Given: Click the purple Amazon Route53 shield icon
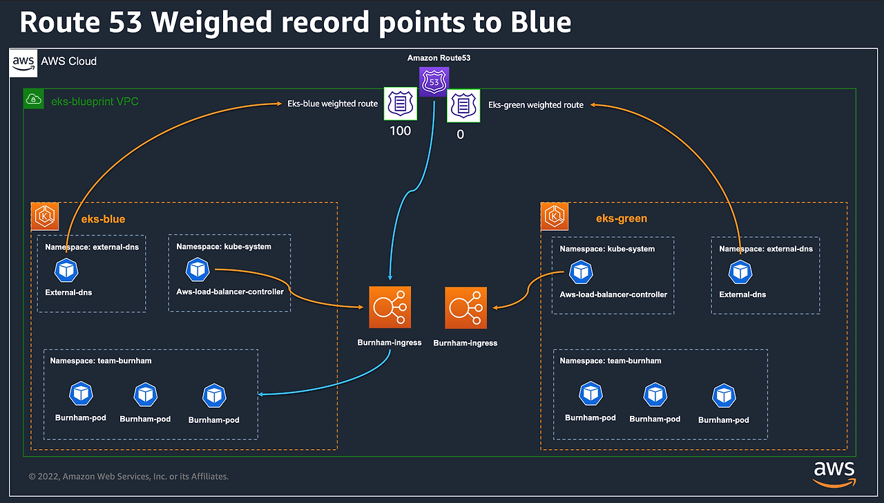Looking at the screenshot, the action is (x=434, y=82).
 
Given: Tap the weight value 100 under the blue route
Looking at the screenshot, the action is (x=400, y=131).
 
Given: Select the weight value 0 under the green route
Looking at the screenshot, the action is (x=460, y=135).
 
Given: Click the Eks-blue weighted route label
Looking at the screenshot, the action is (x=332, y=104).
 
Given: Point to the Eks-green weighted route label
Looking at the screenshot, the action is (x=535, y=105).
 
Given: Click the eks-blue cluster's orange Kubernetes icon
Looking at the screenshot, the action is (x=45, y=216).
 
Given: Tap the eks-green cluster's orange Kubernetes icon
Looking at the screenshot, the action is (x=555, y=216).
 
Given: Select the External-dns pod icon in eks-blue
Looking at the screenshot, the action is (x=66, y=270).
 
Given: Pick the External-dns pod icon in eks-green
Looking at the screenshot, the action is (x=740, y=272).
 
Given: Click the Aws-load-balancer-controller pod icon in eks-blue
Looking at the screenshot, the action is (x=198, y=269).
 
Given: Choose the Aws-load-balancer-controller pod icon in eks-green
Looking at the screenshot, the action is (x=581, y=272).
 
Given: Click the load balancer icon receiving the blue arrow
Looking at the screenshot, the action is (x=390, y=307).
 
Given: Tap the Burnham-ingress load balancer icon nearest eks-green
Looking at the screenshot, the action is (x=465, y=308).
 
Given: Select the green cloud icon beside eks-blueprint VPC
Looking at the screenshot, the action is (x=34, y=99).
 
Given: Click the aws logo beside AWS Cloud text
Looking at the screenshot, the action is (x=23, y=63).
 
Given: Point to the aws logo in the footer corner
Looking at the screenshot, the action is (x=834, y=474).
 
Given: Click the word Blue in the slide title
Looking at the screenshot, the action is (x=541, y=22).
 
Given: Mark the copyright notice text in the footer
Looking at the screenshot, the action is (x=128, y=477).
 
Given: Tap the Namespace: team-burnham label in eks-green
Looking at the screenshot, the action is (x=610, y=361).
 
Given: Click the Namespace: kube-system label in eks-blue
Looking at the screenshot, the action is (x=224, y=247).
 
